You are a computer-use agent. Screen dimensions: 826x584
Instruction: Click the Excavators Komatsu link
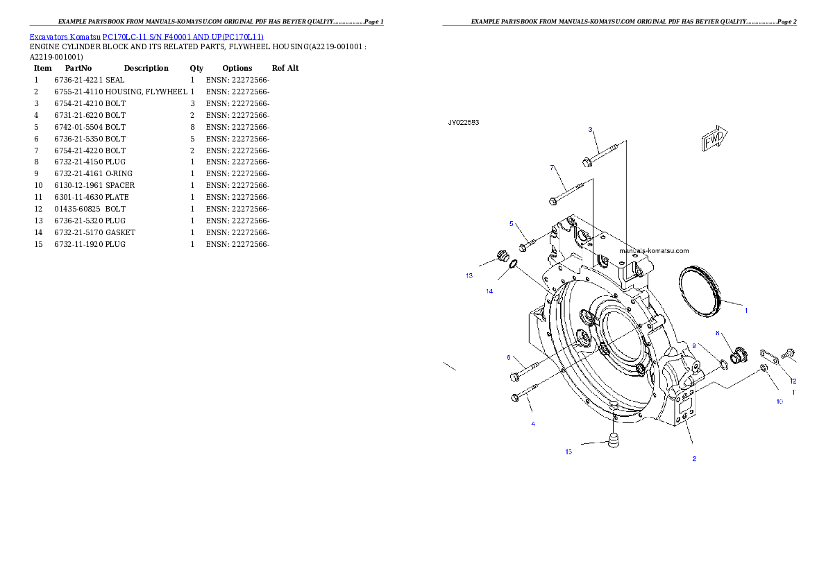pos(65,37)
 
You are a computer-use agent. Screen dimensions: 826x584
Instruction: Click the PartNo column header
pos(78,68)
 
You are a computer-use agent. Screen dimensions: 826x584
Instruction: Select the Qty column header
pos(196,68)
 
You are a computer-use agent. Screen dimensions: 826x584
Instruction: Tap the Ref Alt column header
pos(285,68)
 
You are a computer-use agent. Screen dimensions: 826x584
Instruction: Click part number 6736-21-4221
pos(78,80)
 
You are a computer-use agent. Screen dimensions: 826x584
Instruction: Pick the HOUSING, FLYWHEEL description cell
pos(146,92)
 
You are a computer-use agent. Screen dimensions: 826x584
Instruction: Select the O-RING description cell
pos(119,174)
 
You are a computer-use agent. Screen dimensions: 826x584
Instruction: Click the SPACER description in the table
pos(120,185)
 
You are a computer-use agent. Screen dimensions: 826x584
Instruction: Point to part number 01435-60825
pos(78,209)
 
